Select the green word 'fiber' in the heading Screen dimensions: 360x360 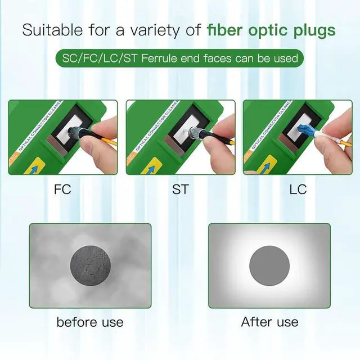(224, 30)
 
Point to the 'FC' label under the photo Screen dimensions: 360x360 (62, 189)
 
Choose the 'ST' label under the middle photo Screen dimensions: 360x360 (180, 189)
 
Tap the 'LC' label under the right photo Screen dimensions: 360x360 (298, 189)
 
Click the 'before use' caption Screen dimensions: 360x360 (89, 322)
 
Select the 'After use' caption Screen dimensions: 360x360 (269, 322)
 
